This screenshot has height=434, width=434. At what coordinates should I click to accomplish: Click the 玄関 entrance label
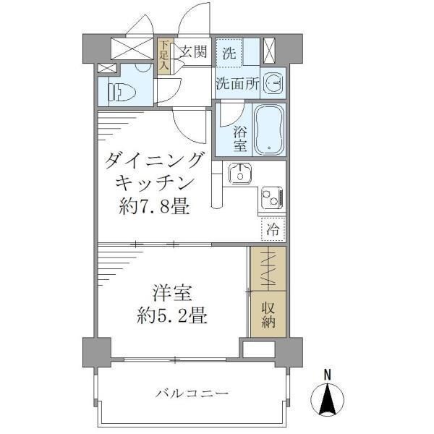pos(193,51)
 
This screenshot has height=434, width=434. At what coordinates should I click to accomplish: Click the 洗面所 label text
pos(237,84)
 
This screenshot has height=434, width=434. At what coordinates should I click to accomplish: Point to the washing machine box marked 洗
pos(229,53)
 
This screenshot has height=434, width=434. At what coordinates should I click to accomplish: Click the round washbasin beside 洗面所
pos(274,85)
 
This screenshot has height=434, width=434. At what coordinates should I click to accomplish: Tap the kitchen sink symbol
pos(238,174)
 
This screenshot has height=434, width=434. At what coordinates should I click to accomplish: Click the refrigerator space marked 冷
pos(273,230)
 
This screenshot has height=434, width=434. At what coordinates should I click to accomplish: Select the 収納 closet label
pos(268,313)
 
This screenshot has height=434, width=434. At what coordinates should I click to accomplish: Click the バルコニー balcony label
pos(192,393)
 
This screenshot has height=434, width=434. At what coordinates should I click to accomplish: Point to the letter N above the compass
pos(327,375)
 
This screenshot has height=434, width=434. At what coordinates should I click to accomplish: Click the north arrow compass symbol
pos(327,399)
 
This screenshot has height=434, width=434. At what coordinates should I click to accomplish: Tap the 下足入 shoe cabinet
pos(164,56)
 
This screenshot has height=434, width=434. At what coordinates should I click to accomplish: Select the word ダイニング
pos(154,160)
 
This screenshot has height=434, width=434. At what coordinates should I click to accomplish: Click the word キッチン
pos(154,184)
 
